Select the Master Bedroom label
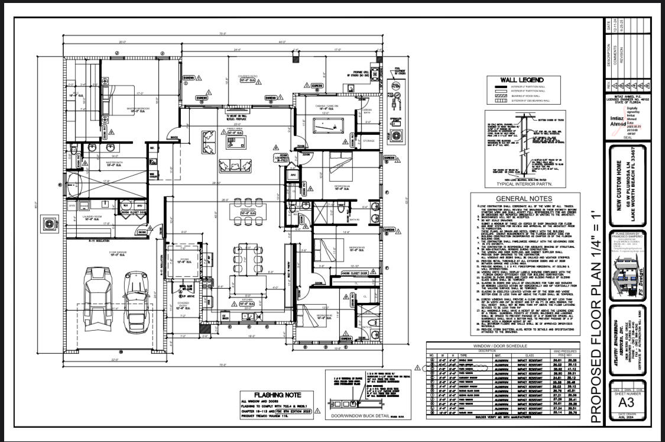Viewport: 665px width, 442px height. pos(140,109)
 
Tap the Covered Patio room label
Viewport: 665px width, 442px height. pos(246,78)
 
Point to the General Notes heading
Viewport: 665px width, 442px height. pos(523,199)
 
